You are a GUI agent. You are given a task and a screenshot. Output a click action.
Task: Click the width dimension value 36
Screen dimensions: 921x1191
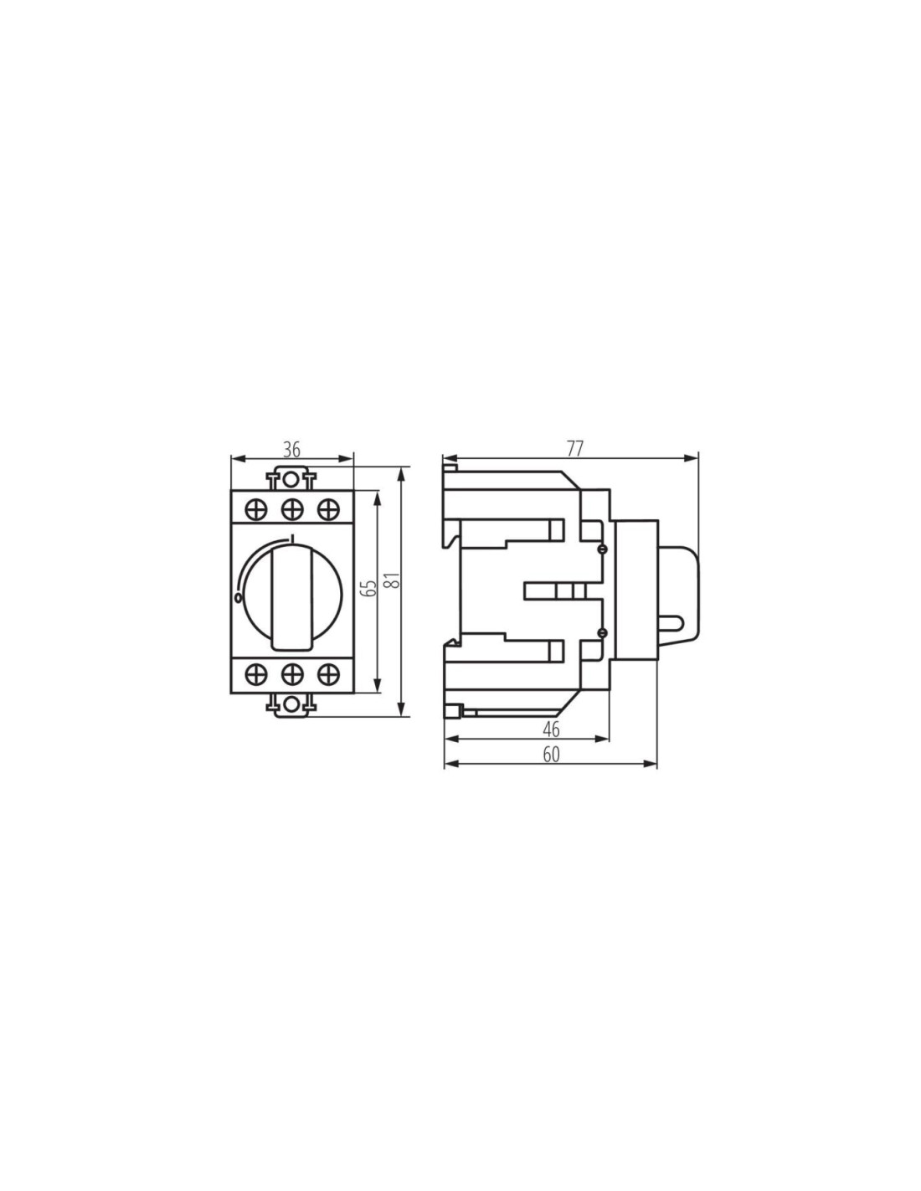292,450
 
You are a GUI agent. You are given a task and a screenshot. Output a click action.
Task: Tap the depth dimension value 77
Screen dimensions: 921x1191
574,449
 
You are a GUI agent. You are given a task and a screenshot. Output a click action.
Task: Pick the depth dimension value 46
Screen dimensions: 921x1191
552,730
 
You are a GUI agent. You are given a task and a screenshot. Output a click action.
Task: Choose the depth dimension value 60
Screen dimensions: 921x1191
552,755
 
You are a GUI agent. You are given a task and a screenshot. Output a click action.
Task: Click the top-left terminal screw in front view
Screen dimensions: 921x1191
256,509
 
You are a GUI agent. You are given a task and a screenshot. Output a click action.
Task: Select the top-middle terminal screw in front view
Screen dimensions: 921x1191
292,509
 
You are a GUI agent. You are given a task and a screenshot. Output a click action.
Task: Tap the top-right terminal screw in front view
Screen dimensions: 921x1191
328,509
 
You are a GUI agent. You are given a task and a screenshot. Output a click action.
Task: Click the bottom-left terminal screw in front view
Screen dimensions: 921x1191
256,673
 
